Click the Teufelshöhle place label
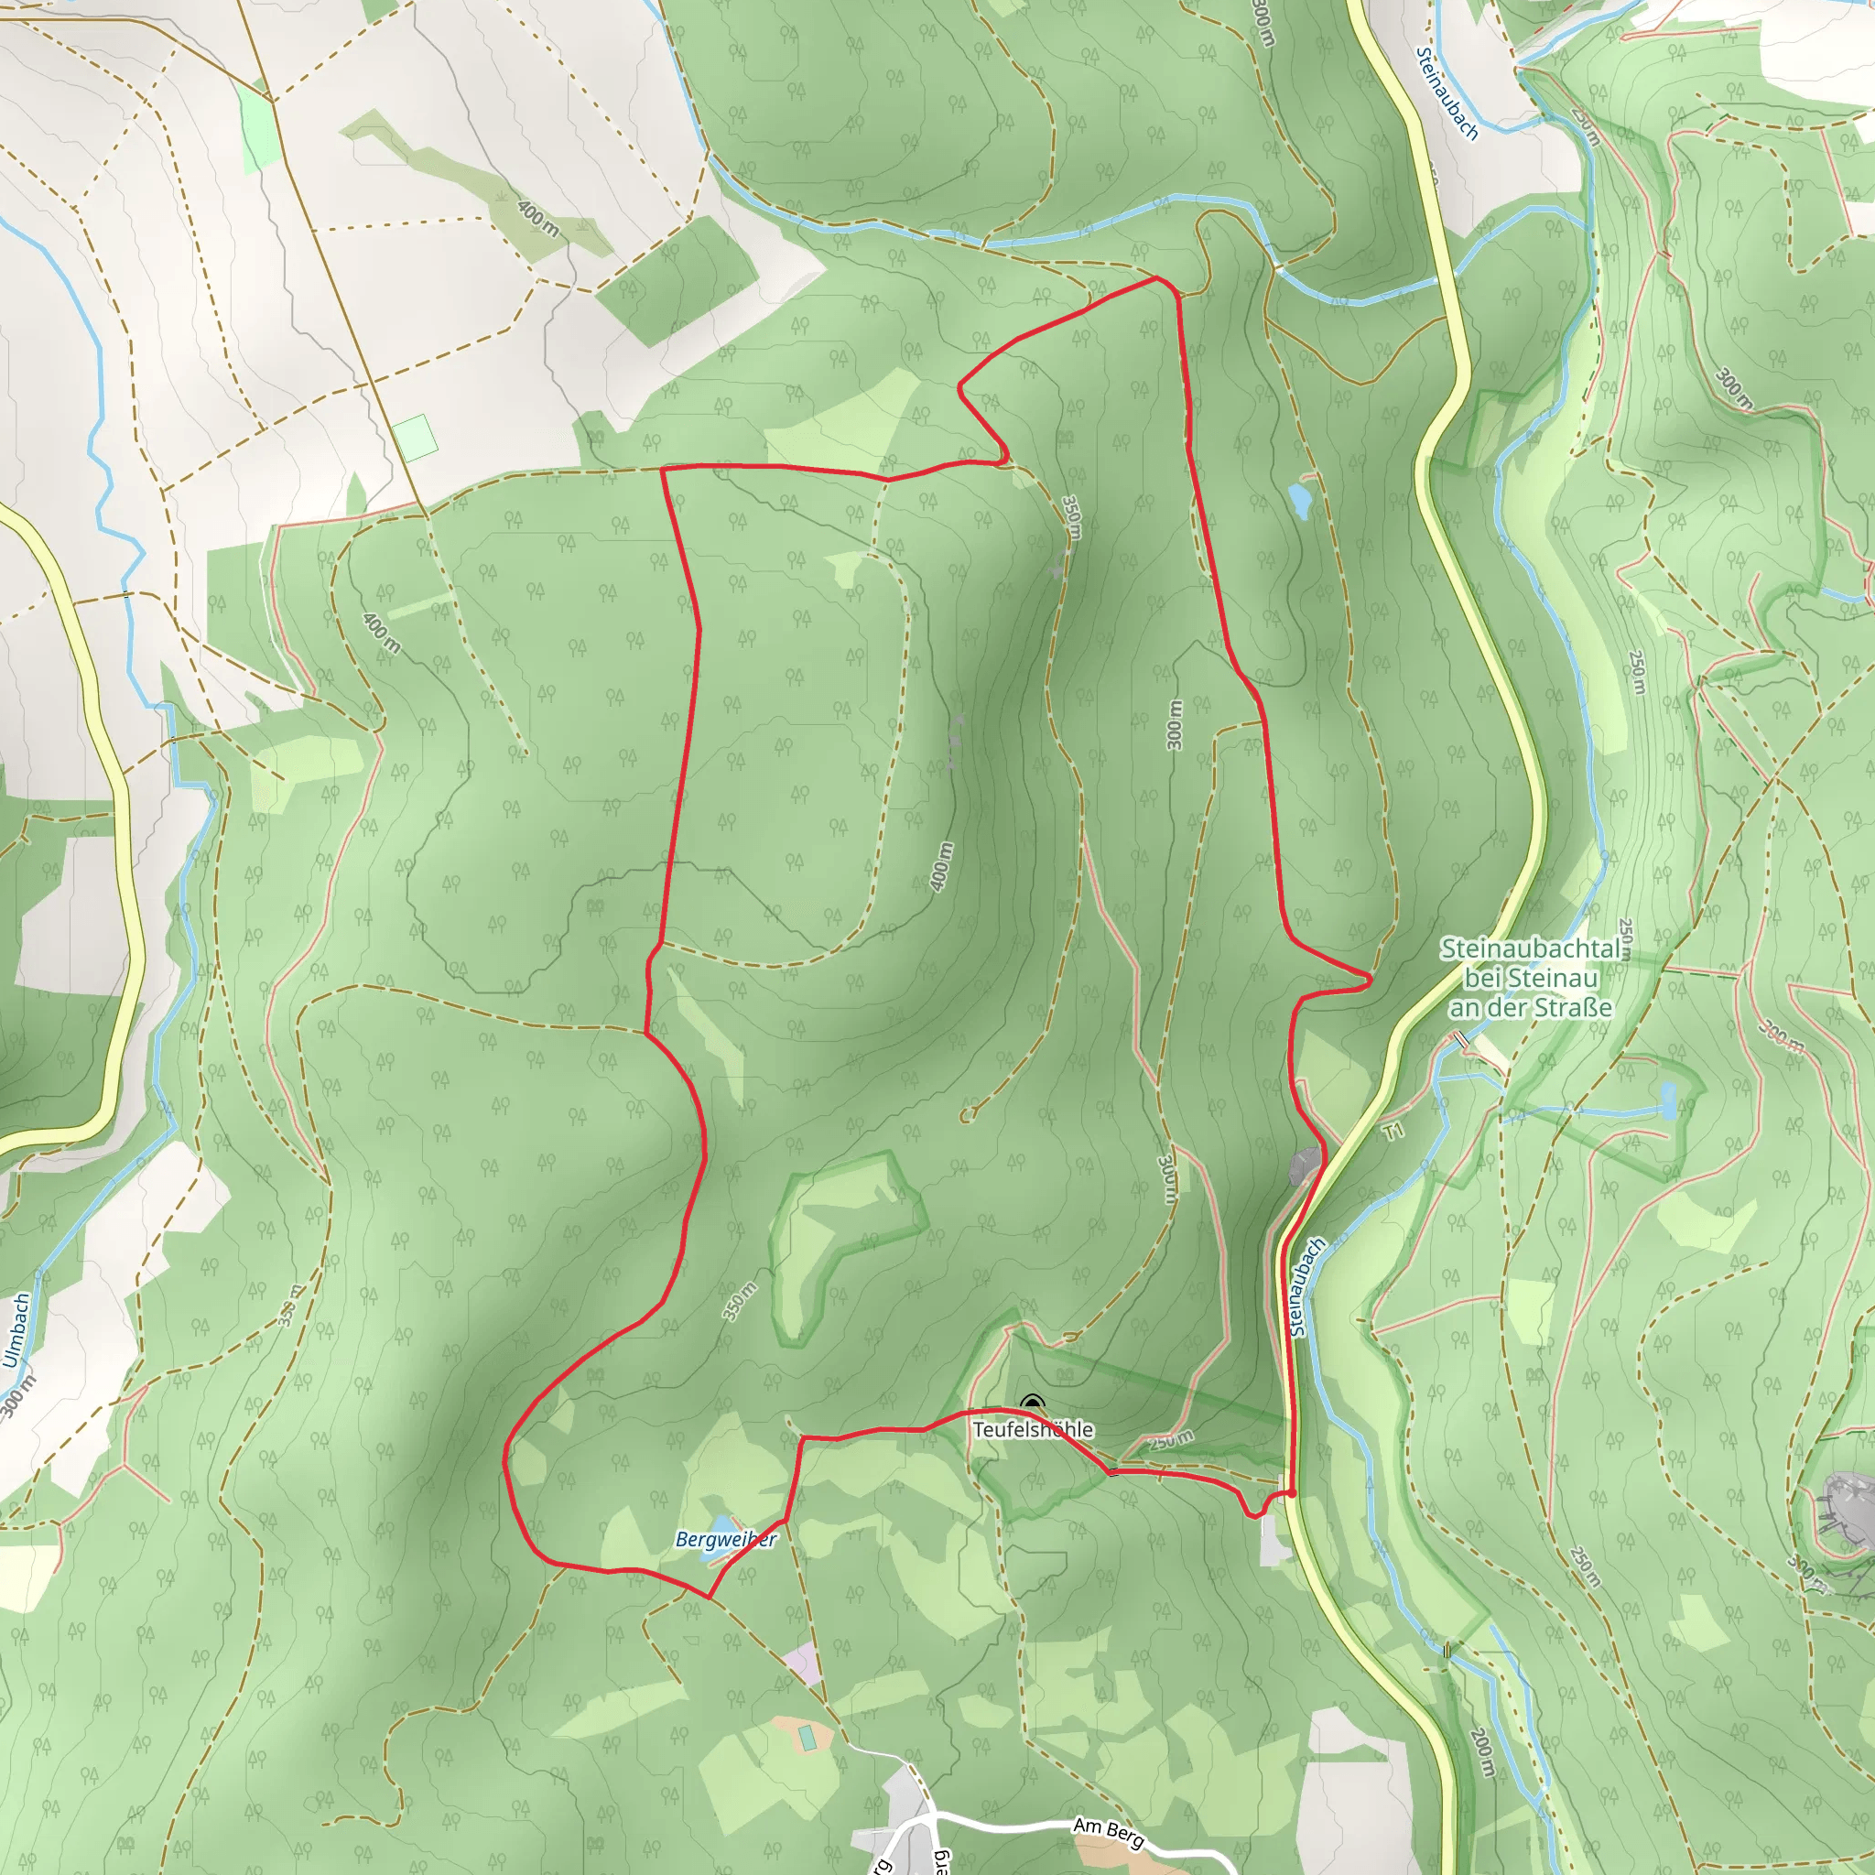pos(1033,1429)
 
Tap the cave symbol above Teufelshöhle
pos(1032,1404)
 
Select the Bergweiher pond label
pos(725,1539)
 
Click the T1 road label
pos(1393,1132)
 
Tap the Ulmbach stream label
pos(16,1330)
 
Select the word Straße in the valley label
pos(1568,1008)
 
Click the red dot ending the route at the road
pos(1292,1493)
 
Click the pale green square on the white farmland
pos(416,438)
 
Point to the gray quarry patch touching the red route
pos(1306,1165)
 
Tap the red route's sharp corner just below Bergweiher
pos(710,1597)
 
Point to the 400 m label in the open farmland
pos(537,219)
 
